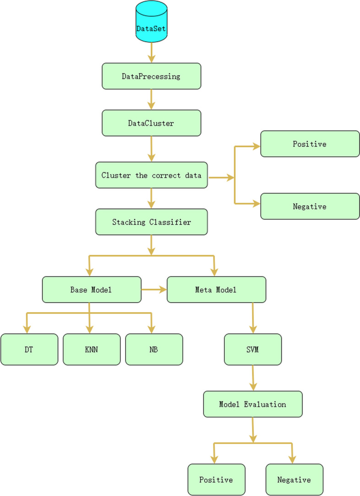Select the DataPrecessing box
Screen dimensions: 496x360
point(151,76)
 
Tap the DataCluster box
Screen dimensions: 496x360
point(151,123)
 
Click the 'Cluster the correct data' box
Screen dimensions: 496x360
point(151,175)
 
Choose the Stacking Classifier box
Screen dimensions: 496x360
point(151,222)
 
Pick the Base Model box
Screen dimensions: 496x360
point(92,290)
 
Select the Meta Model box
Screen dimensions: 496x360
point(216,290)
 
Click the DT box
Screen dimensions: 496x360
point(29,349)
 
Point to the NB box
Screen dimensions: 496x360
point(154,349)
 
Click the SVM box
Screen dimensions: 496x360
point(253,349)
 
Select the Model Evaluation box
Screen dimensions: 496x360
point(253,404)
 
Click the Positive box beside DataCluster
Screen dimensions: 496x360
point(310,144)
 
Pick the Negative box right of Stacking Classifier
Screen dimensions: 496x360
point(310,206)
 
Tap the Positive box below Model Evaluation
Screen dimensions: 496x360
point(216,479)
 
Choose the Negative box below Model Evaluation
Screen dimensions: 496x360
point(294,479)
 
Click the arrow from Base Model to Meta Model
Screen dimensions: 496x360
point(154,290)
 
